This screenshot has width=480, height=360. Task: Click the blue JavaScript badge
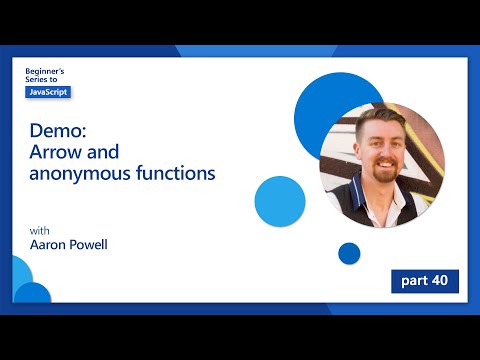(48, 92)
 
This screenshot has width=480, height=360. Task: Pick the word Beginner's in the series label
(44, 72)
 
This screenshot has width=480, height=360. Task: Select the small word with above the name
(39, 231)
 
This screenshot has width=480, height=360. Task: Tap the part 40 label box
(425, 280)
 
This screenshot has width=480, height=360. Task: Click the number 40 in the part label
(440, 280)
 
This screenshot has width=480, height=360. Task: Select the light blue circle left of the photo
(279, 200)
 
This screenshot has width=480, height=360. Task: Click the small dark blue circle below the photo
(349, 253)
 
